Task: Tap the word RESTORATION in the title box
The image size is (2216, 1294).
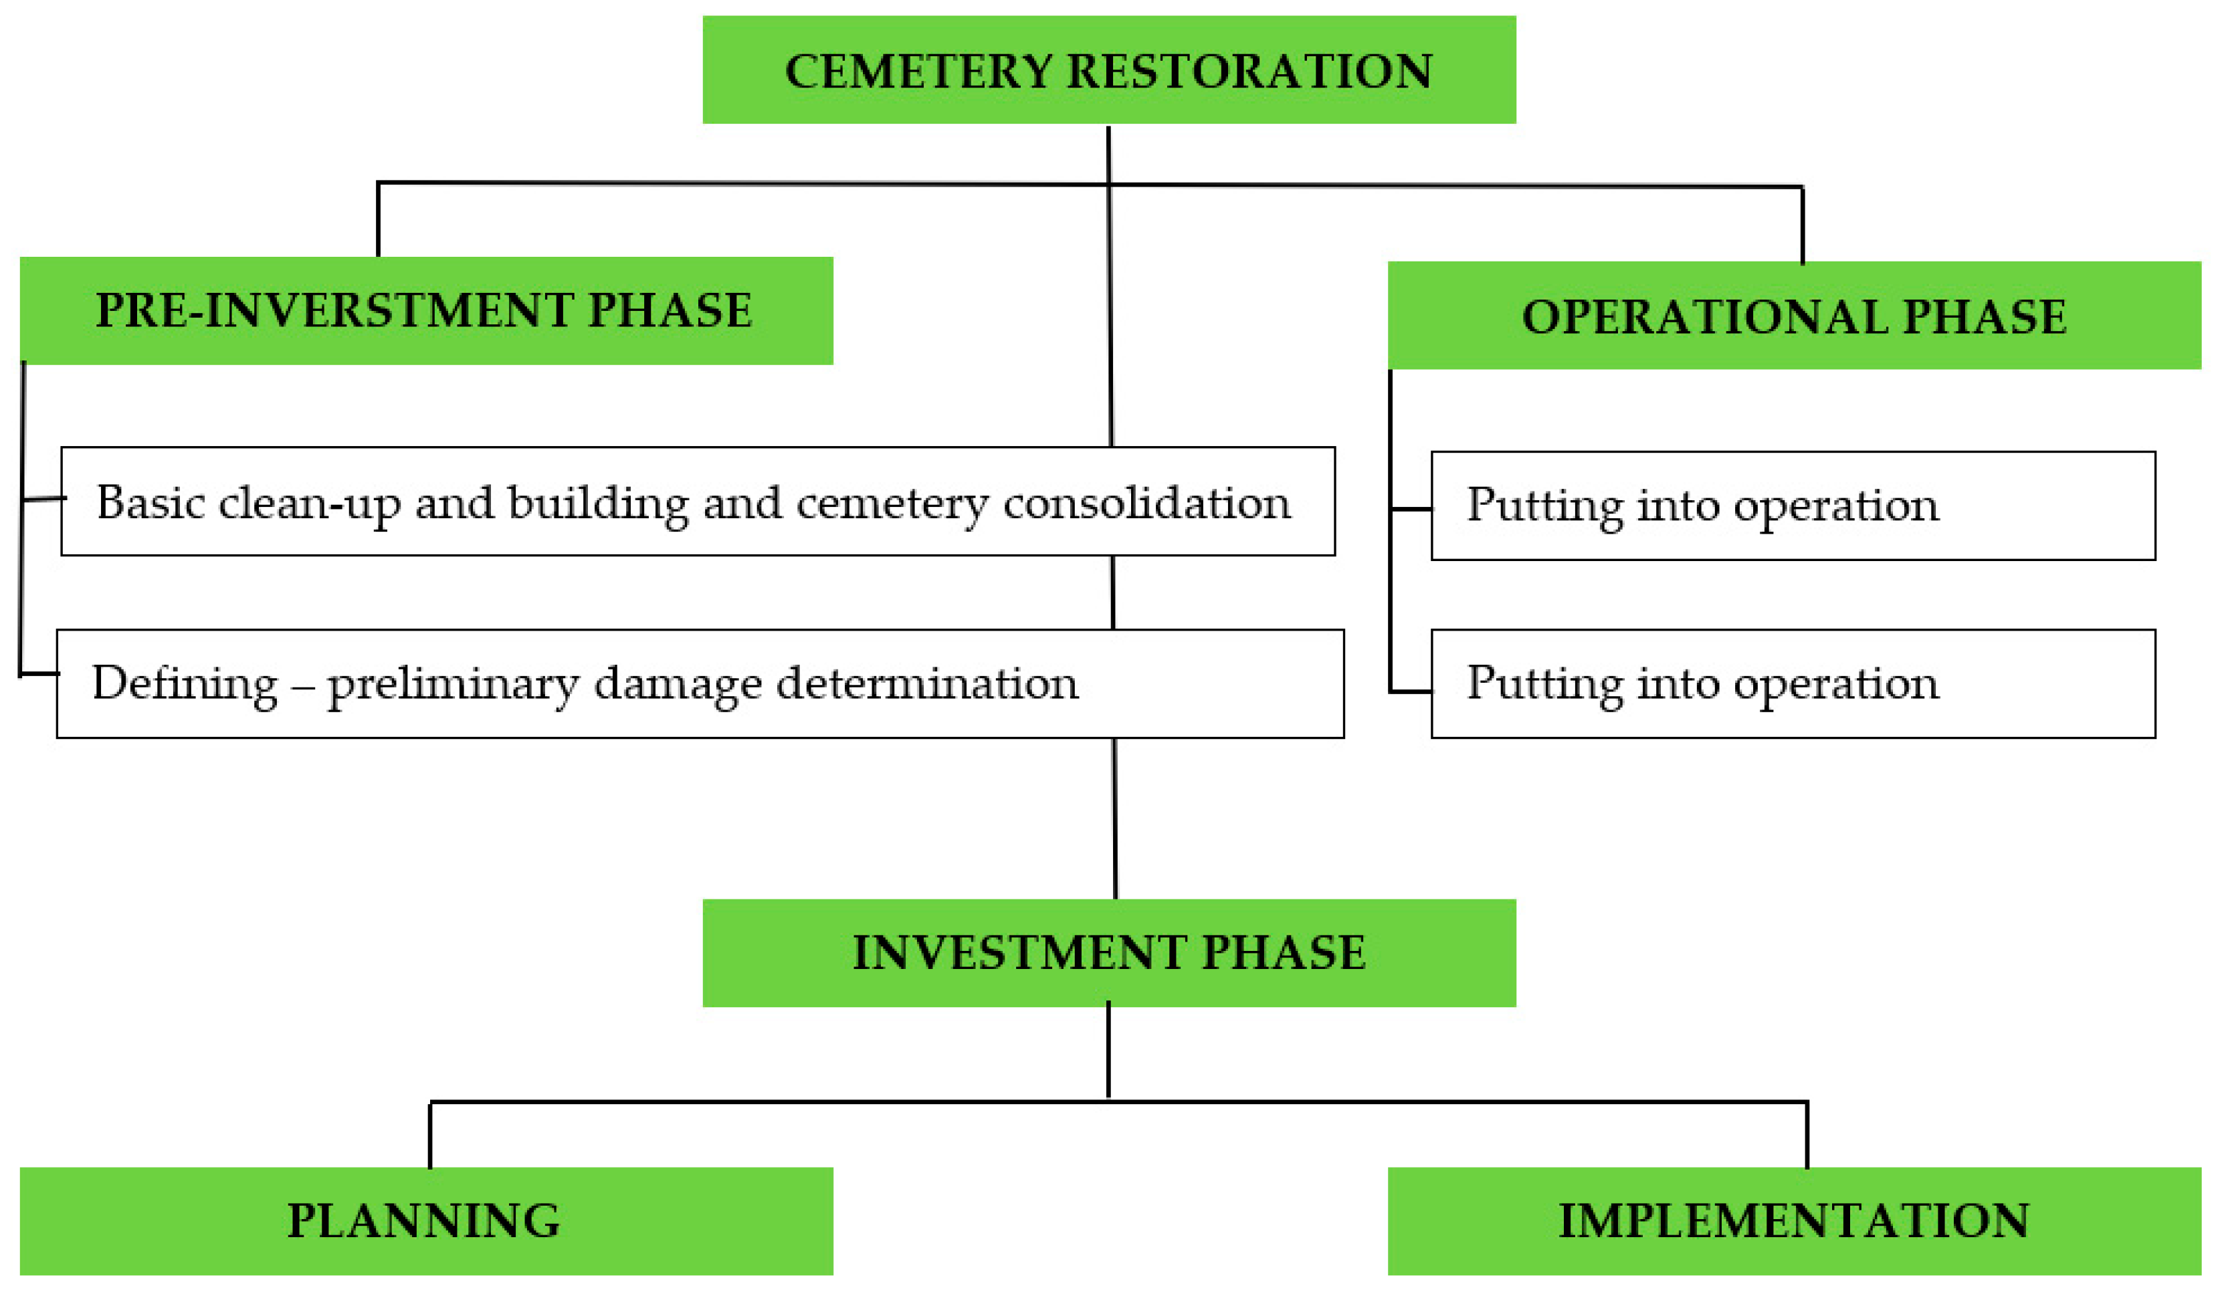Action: pyautogui.click(x=1249, y=71)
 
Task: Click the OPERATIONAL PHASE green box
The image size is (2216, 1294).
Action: pyautogui.click(x=1794, y=316)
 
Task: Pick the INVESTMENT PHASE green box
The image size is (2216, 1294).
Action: pyautogui.click(x=1109, y=952)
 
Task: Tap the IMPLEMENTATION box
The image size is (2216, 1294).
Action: pyautogui.click(x=1794, y=1220)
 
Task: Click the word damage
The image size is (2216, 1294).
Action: pyautogui.click(x=678, y=684)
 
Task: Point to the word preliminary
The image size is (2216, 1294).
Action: pyautogui.click(x=453, y=685)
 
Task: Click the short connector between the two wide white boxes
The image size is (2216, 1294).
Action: pyautogui.click(x=1112, y=592)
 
